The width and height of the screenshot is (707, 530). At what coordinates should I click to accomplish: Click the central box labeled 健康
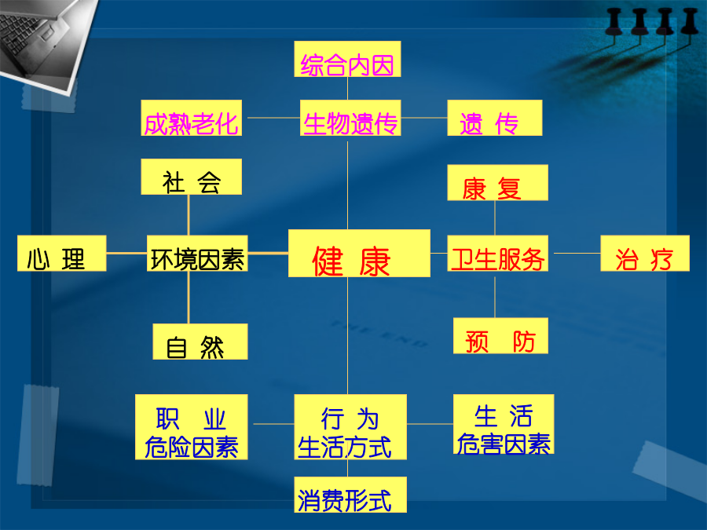click(359, 254)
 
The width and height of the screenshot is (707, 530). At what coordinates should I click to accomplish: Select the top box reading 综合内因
click(347, 59)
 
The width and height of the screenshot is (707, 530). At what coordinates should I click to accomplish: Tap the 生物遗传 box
click(350, 118)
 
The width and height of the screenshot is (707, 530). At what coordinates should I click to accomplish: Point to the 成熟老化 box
click(191, 118)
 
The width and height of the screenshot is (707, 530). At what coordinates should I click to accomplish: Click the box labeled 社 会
click(191, 177)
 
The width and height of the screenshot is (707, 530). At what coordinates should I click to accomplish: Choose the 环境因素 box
click(197, 254)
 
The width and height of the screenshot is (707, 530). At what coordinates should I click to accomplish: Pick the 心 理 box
click(62, 254)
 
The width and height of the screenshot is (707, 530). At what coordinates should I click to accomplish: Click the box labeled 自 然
click(200, 342)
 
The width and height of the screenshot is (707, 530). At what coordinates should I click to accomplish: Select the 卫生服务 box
click(498, 254)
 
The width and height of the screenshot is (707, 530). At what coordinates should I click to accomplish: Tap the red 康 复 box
click(498, 182)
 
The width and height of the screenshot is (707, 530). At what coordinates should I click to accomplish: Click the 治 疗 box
click(645, 254)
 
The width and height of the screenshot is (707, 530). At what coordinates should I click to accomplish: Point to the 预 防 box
click(500, 336)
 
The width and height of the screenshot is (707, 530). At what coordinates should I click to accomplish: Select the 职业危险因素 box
click(191, 427)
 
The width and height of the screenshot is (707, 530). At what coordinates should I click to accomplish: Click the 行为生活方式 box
click(350, 427)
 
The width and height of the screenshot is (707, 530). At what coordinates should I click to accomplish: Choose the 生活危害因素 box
click(504, 424)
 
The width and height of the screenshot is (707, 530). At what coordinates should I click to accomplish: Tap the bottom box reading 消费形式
click(350, 495)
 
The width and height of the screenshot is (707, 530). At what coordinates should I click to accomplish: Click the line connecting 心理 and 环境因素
click(126, 254)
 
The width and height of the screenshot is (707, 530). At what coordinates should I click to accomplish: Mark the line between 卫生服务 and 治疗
click(577, 254)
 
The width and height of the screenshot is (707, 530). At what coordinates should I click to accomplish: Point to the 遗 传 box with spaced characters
click(495, 118)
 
